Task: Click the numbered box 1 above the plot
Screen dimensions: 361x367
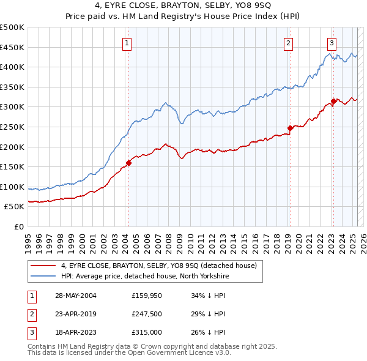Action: [x=126, y=43]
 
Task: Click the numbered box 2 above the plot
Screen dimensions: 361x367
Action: [x=287, y=43]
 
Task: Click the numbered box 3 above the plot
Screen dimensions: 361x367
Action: [x=331, y=43]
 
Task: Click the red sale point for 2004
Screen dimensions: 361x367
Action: [x=129, y=163]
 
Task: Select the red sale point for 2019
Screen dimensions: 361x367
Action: [x=290, y=128]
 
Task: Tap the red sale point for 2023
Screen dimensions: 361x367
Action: [x=333, y=101]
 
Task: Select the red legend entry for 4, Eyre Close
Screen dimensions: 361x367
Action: [x=161, y=266]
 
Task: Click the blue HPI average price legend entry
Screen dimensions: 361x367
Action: [x=144, y=277]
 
